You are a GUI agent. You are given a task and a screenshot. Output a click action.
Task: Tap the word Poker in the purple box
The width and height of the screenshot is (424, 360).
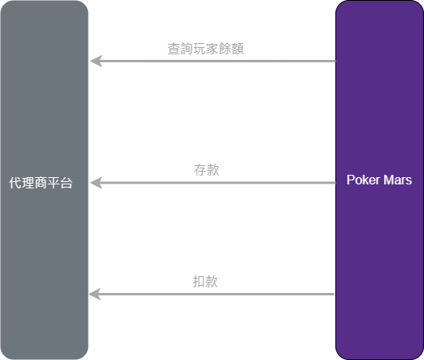(x=362, y=180)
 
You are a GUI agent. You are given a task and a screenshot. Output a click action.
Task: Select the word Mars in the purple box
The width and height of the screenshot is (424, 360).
(x=397, y=180)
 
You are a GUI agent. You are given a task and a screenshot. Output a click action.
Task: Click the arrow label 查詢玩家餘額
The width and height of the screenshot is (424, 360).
(x=205, y=49)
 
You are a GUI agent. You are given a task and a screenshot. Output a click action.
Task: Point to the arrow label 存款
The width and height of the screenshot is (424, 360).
(x=206, y=170)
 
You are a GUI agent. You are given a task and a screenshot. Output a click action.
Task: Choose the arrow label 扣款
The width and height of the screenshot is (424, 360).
(x=205, y=282)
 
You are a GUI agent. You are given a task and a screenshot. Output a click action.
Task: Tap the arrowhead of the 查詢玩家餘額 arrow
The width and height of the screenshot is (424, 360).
(x=95, y=61)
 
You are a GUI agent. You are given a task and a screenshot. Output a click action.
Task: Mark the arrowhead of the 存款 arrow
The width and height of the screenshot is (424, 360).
(x=95, y=183)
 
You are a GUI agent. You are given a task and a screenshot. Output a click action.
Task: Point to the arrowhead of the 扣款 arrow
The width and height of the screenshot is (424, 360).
(x=95, y=295)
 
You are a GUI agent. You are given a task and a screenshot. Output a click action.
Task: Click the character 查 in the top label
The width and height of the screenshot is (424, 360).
(x=174, y=49)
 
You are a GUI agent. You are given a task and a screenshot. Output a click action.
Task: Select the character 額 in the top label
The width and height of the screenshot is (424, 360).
(x=236, y=49)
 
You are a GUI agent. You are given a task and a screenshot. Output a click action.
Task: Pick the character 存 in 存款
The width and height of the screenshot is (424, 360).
(x=200, y=170)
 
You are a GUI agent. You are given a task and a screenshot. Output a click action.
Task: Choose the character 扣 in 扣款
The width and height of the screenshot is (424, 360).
(x=199, y=282)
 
